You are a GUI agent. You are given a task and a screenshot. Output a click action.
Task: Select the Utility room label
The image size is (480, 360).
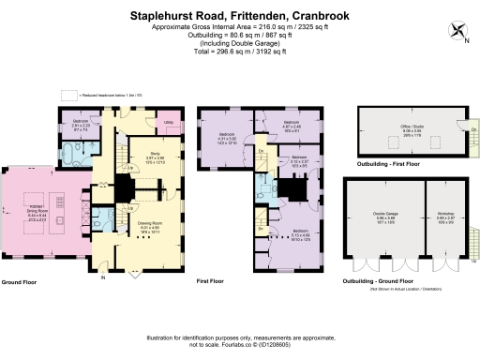click(169, 123)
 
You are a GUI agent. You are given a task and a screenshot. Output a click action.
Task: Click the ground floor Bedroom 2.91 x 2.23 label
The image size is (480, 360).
click(80, 123)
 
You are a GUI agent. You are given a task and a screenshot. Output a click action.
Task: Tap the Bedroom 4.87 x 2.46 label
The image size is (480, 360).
click(292, 125)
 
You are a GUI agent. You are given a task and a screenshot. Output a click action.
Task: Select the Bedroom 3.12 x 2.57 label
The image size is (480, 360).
click(298, 159)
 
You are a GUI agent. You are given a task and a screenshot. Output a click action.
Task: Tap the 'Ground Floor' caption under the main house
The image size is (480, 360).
click(21, 281)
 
